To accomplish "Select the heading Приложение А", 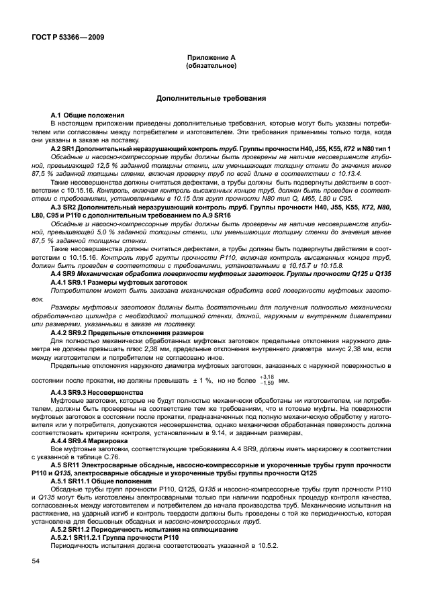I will [211, 59].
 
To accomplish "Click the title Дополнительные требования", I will [211, 98].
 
